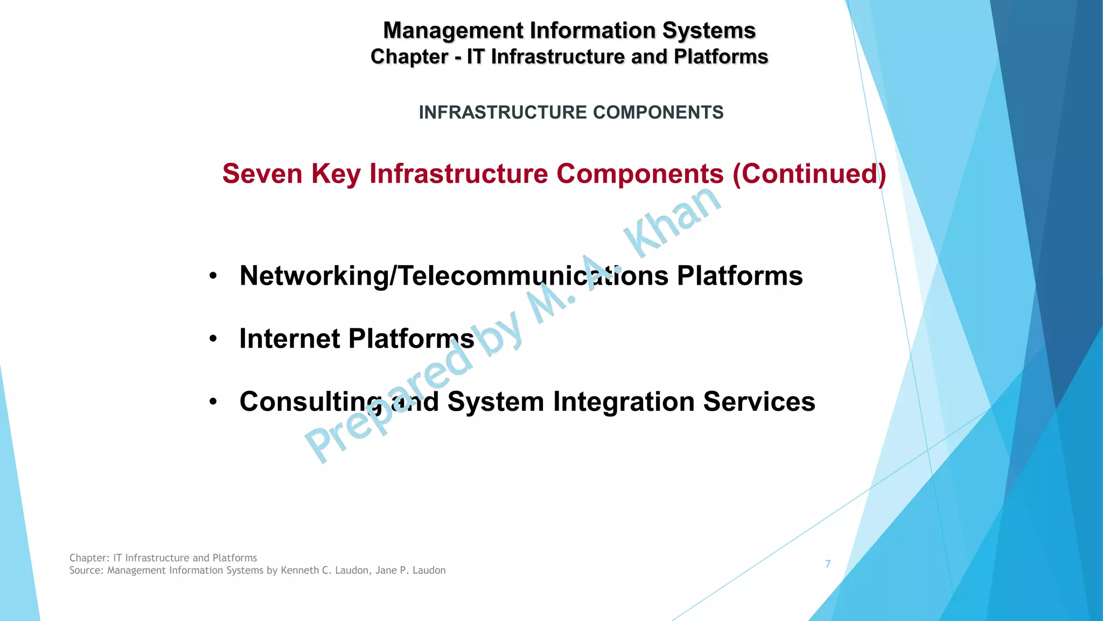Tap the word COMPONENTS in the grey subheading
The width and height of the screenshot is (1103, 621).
click(x=658, y=112)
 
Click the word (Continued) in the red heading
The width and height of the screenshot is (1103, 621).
click(x=809, y=174)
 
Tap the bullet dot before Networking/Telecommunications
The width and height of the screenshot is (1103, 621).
click(x=213, y=276)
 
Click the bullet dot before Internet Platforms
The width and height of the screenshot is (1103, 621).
click(x=213, y=339)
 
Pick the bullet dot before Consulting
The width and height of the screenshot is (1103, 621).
click(x=213, y=402)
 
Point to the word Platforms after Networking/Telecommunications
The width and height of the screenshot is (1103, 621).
click(x=739, y=276)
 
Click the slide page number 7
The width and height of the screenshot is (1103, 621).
click(x=828, y=564)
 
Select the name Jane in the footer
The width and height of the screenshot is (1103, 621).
click(x=386, y=570)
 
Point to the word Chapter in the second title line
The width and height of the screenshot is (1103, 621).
click(x=409, y=57)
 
